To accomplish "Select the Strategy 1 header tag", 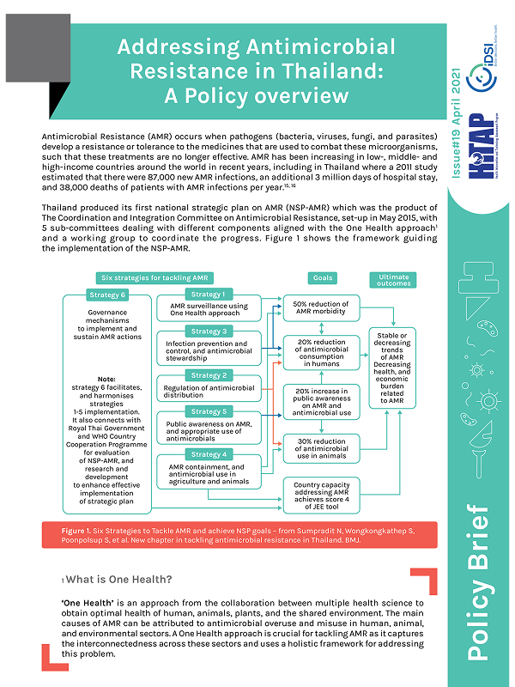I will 208,295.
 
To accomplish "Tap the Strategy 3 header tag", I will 208,331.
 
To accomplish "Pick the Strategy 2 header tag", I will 208,375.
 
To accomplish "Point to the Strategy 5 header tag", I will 208,411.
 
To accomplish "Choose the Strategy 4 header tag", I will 208,454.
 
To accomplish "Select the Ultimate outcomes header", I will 396,279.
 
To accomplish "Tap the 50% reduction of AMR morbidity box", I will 323,309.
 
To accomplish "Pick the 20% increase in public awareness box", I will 323,401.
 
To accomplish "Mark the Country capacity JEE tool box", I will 323,492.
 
